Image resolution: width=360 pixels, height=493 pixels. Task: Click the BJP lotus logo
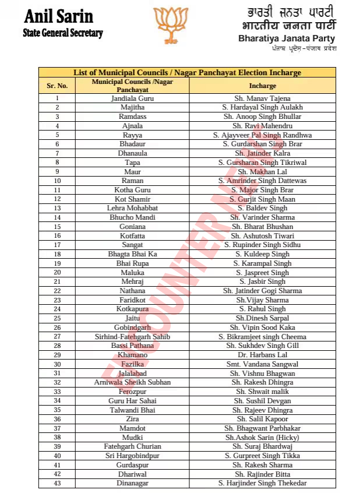tap(171, 26)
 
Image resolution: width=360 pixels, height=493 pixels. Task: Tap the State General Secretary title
tap(63, 33)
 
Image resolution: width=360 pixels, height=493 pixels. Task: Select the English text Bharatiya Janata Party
tap(287, 38)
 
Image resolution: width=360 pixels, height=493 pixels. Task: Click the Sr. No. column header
tap(57, 86)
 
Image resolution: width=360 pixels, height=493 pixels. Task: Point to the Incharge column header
tap(262, 86)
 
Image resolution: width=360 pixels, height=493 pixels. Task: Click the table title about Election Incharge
tap(187, 73)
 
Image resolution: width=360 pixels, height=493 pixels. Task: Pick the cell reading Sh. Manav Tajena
tap(262, 98)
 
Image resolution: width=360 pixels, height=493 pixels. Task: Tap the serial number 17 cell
tap(57, 245)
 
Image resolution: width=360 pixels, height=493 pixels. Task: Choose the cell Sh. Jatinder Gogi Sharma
tap(262, 291)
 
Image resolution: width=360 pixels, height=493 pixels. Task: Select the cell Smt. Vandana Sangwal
tap(262, 364)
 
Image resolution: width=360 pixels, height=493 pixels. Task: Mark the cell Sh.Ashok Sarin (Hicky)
tap(262, 438)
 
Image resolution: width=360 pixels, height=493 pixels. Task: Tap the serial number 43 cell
tap(57, 483)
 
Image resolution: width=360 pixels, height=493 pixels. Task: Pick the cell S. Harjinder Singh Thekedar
tap(262, 483)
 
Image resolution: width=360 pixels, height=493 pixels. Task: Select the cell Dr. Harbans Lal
tap(262, 355)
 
